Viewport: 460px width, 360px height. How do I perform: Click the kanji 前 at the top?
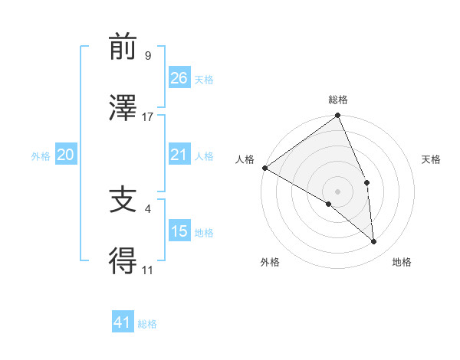[x=123, y=47]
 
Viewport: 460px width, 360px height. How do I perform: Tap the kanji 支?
[x=123, y=201]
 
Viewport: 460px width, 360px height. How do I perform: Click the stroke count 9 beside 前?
[x=148, y=56]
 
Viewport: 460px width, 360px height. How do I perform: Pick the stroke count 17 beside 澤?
[x=148, y=116]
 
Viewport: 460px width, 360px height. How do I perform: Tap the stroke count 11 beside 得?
[x=148, y=270]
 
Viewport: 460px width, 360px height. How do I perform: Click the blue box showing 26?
[x=179, y=77]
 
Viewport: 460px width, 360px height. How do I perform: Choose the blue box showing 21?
[x=179, y=155]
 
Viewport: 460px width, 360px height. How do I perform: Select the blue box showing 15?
[x=179, y=231]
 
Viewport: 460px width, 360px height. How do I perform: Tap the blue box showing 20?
[x=66, y=155]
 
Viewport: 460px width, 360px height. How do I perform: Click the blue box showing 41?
[x=123, y=323]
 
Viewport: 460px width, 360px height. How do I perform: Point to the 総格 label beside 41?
[x=147, y=324]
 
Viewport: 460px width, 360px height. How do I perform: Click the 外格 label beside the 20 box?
[x=41, y=156]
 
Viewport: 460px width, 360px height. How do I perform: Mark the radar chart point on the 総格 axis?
[x=337, y=116]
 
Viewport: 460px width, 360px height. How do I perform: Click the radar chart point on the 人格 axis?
[x=264, y=168]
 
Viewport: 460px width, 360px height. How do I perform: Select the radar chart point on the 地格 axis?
[x=373, y=241]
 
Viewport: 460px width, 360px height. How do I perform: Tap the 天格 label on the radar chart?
[x=431, y=159]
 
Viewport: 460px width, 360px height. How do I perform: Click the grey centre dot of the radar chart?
[x=337, y=191]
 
